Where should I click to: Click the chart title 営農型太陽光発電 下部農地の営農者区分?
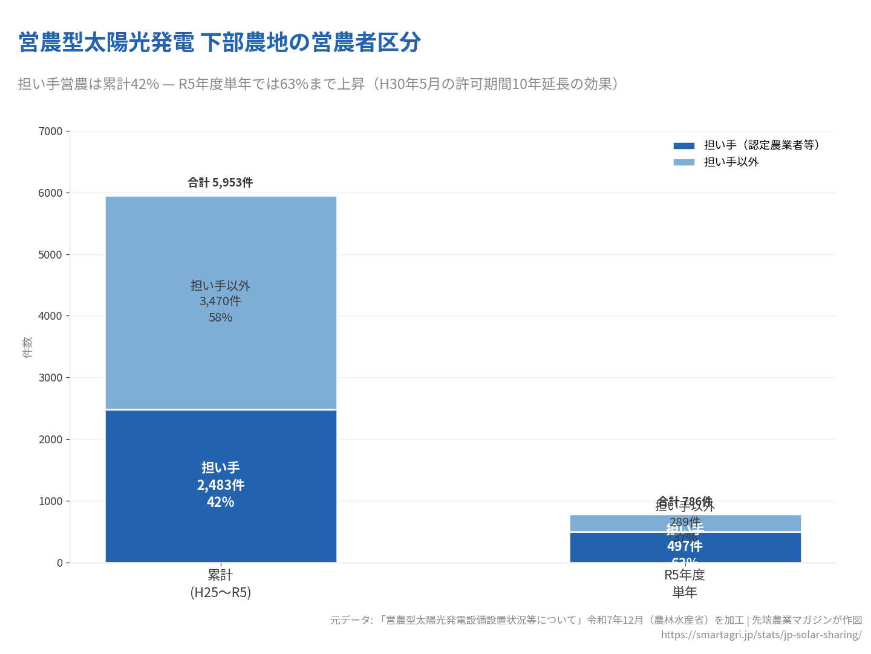(x=220, y=42)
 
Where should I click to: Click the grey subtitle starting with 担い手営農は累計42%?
(x=318, y=84)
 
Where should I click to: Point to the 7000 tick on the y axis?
(x=51, y=131)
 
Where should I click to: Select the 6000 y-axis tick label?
(x=51, y=193)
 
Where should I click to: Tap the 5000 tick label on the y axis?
(x=51, y=255)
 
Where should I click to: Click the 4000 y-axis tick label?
(x=51, y=316)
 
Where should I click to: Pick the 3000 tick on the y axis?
(x=51, y=378)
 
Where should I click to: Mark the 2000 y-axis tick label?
(x=51, y=440)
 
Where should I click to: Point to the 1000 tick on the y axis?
(x=51, y=501)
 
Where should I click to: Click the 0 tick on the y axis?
(x=60, y=563)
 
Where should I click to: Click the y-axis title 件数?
(x=27, y=347)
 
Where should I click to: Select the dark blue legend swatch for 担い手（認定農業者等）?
(x=683, y=145)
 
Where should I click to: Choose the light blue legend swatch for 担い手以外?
(x=683, y=162)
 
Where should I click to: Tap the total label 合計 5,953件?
(x=220, y=182)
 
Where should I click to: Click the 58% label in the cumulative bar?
(x=220, y=317)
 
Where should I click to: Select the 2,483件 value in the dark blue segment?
(x=220, y=485)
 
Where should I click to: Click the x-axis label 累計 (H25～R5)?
(x=220, y=583)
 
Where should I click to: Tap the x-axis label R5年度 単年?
(x=685, y=583)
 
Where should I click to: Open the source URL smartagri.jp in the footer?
(x=761, y=635)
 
